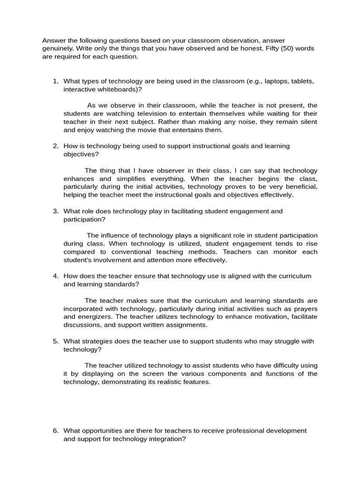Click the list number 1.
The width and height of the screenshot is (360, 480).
(55, 81)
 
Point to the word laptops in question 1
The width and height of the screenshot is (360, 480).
(276, 81)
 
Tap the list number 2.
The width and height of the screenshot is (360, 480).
(55, 146)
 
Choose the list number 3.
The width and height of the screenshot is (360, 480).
(55, 211)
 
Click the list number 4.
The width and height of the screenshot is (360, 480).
(55, 276)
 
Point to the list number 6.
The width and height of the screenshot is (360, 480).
(55, 431)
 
